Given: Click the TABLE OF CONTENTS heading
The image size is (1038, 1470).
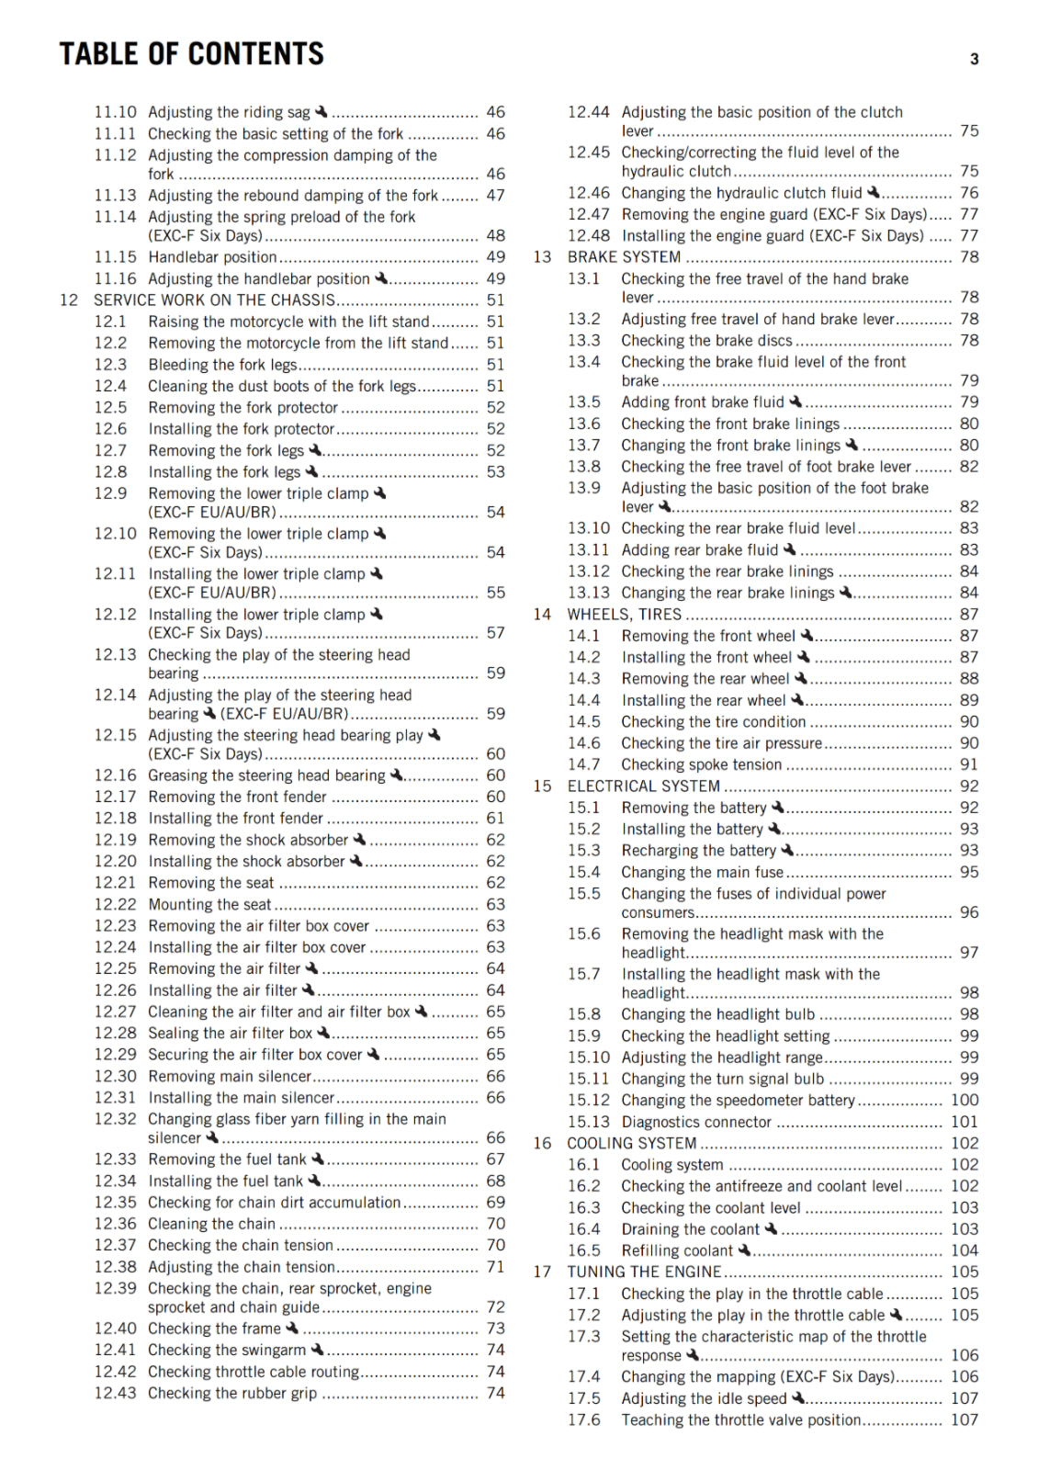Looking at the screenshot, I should click(191, 54).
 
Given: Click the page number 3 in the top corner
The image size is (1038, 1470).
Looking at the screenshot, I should click(974, 60).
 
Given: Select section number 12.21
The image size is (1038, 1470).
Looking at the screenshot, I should click(115, 883).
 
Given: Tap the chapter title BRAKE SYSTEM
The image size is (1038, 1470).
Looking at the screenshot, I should click(624, 257).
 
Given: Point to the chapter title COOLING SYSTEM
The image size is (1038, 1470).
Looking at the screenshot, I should click(631, 1144).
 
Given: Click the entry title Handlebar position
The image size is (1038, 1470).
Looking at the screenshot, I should click(212, 257).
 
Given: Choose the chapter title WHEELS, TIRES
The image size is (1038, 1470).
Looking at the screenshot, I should click(624, 615).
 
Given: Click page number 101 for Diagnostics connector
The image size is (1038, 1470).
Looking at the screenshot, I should click(964, 1122).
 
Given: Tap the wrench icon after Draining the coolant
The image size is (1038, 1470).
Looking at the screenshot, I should click(771, 1228).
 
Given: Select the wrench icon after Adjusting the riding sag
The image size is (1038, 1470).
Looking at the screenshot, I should click(321, 111).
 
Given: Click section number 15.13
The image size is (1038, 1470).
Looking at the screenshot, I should click(588, 1122).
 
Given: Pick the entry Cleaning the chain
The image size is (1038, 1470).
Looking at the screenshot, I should click(211, 1224).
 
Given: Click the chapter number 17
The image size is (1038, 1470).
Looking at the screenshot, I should click(542, 1272).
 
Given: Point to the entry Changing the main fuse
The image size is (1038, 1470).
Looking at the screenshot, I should click(702, 873).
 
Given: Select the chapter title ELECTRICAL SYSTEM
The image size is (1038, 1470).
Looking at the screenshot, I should click(643, 786).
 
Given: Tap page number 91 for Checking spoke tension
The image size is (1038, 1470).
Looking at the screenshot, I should click(968, 764).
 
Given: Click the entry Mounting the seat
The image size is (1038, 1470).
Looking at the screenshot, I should click(209, 905).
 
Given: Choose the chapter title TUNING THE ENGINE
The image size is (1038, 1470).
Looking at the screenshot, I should click(643, 1272).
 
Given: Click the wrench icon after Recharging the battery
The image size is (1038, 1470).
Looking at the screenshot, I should click(787, 850).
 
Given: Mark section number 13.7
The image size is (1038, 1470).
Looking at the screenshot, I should click(583, 446).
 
